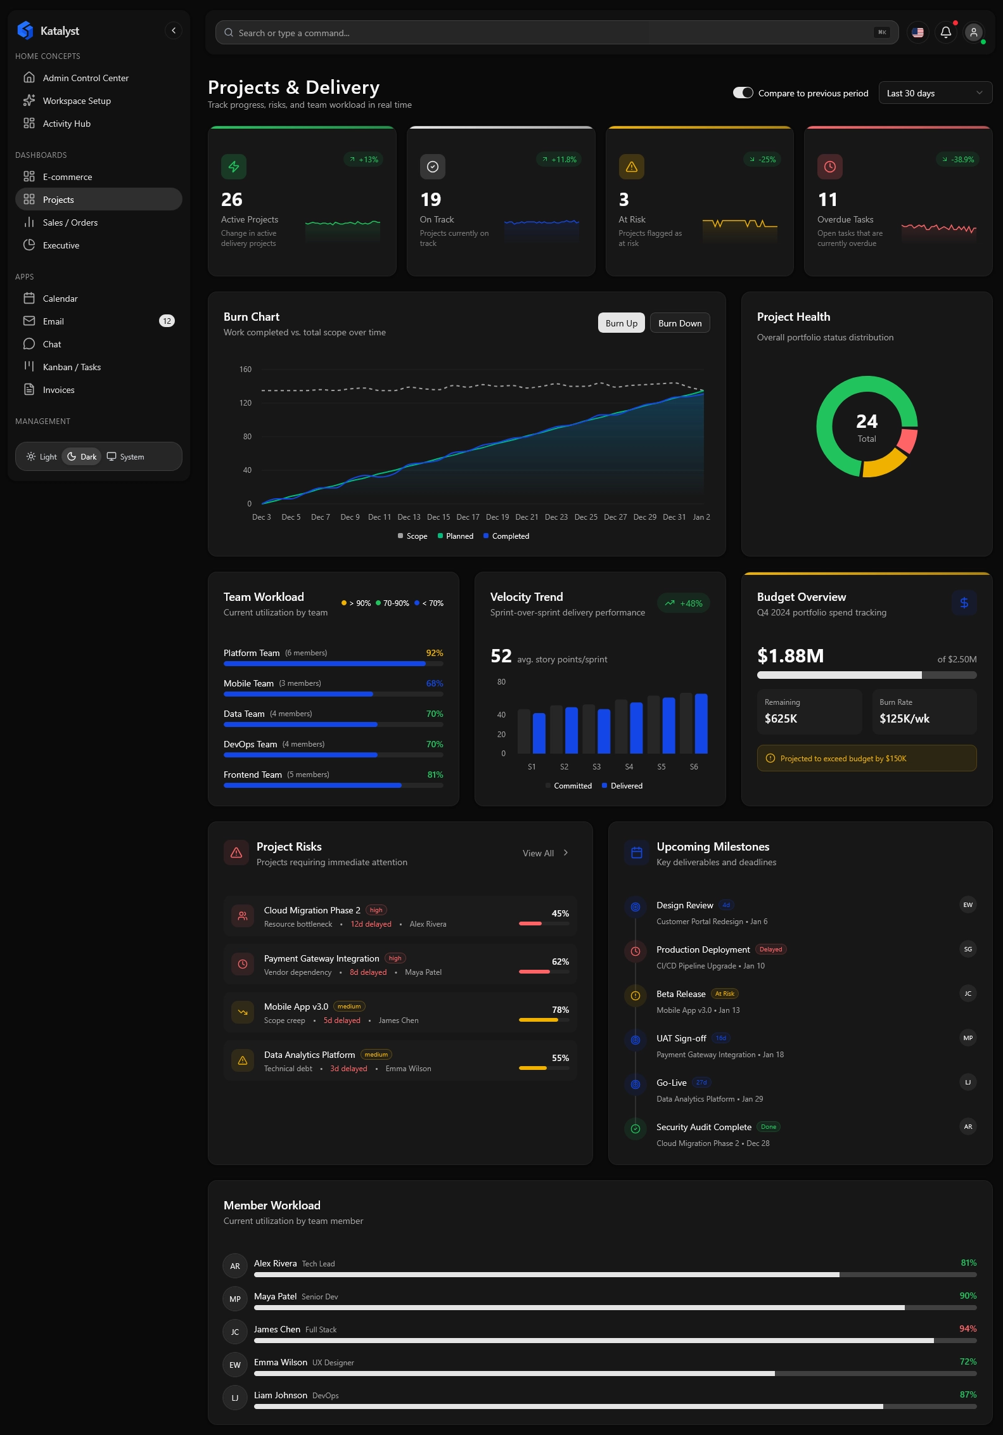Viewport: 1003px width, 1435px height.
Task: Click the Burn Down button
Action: tap(680, 323)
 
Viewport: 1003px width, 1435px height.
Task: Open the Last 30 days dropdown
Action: tap(935, 93)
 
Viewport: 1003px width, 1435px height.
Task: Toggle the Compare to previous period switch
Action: tap(743, 93)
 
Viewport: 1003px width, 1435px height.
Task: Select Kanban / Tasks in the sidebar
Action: tap(72, 367)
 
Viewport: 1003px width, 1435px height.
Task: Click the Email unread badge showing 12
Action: tap(167, 321)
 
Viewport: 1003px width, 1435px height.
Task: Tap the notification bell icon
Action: tap(945, 32)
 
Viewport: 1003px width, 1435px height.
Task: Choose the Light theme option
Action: tap(42, 457)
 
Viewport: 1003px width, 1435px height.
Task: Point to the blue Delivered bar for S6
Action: tap(701, 723)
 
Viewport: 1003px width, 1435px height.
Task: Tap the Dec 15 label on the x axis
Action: tap(438, 517)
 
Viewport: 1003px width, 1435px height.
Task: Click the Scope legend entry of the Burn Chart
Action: tap(412, 536)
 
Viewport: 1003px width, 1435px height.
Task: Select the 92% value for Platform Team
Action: tap(435, 653)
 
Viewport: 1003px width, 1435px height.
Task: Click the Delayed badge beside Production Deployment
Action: tap(770, 949)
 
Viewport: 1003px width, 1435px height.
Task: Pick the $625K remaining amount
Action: tap(781, 719)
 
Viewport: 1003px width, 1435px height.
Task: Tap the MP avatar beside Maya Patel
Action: tap(235, 1299)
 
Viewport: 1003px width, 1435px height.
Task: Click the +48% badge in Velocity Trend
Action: tap(684, 603)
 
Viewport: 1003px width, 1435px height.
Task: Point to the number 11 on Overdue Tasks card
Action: tap(827, 200)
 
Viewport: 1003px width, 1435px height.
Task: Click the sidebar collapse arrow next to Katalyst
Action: tap(174, 30)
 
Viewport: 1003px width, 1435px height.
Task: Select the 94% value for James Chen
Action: tap(968, 1329)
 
